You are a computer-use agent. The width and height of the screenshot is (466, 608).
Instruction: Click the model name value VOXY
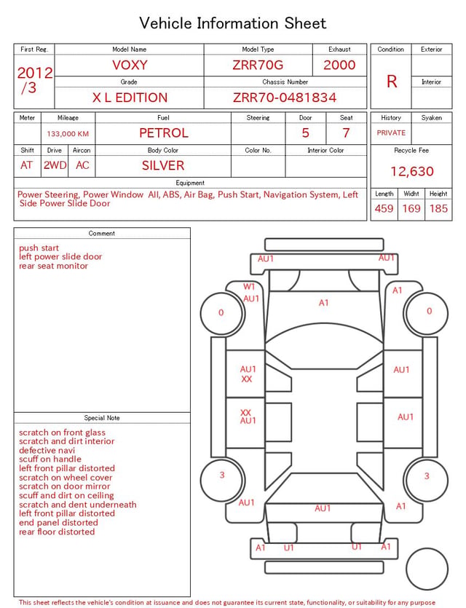click(130, 65)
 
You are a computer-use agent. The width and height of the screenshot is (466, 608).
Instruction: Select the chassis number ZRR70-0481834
click(285, 98)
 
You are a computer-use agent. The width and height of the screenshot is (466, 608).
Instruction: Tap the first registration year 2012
click(35, 73)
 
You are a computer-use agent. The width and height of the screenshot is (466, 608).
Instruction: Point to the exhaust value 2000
click(339, 65)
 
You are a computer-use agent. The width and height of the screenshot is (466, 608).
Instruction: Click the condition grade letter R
click(392, 82)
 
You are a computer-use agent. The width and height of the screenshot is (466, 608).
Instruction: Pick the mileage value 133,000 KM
click(68, 134)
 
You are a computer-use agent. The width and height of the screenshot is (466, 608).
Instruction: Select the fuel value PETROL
click(164, 133)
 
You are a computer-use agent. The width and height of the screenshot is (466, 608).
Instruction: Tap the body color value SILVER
click(163, 165)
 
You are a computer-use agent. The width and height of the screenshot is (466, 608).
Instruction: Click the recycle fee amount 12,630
click(411, 171)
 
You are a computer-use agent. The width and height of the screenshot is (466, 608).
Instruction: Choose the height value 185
click(438, 208)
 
